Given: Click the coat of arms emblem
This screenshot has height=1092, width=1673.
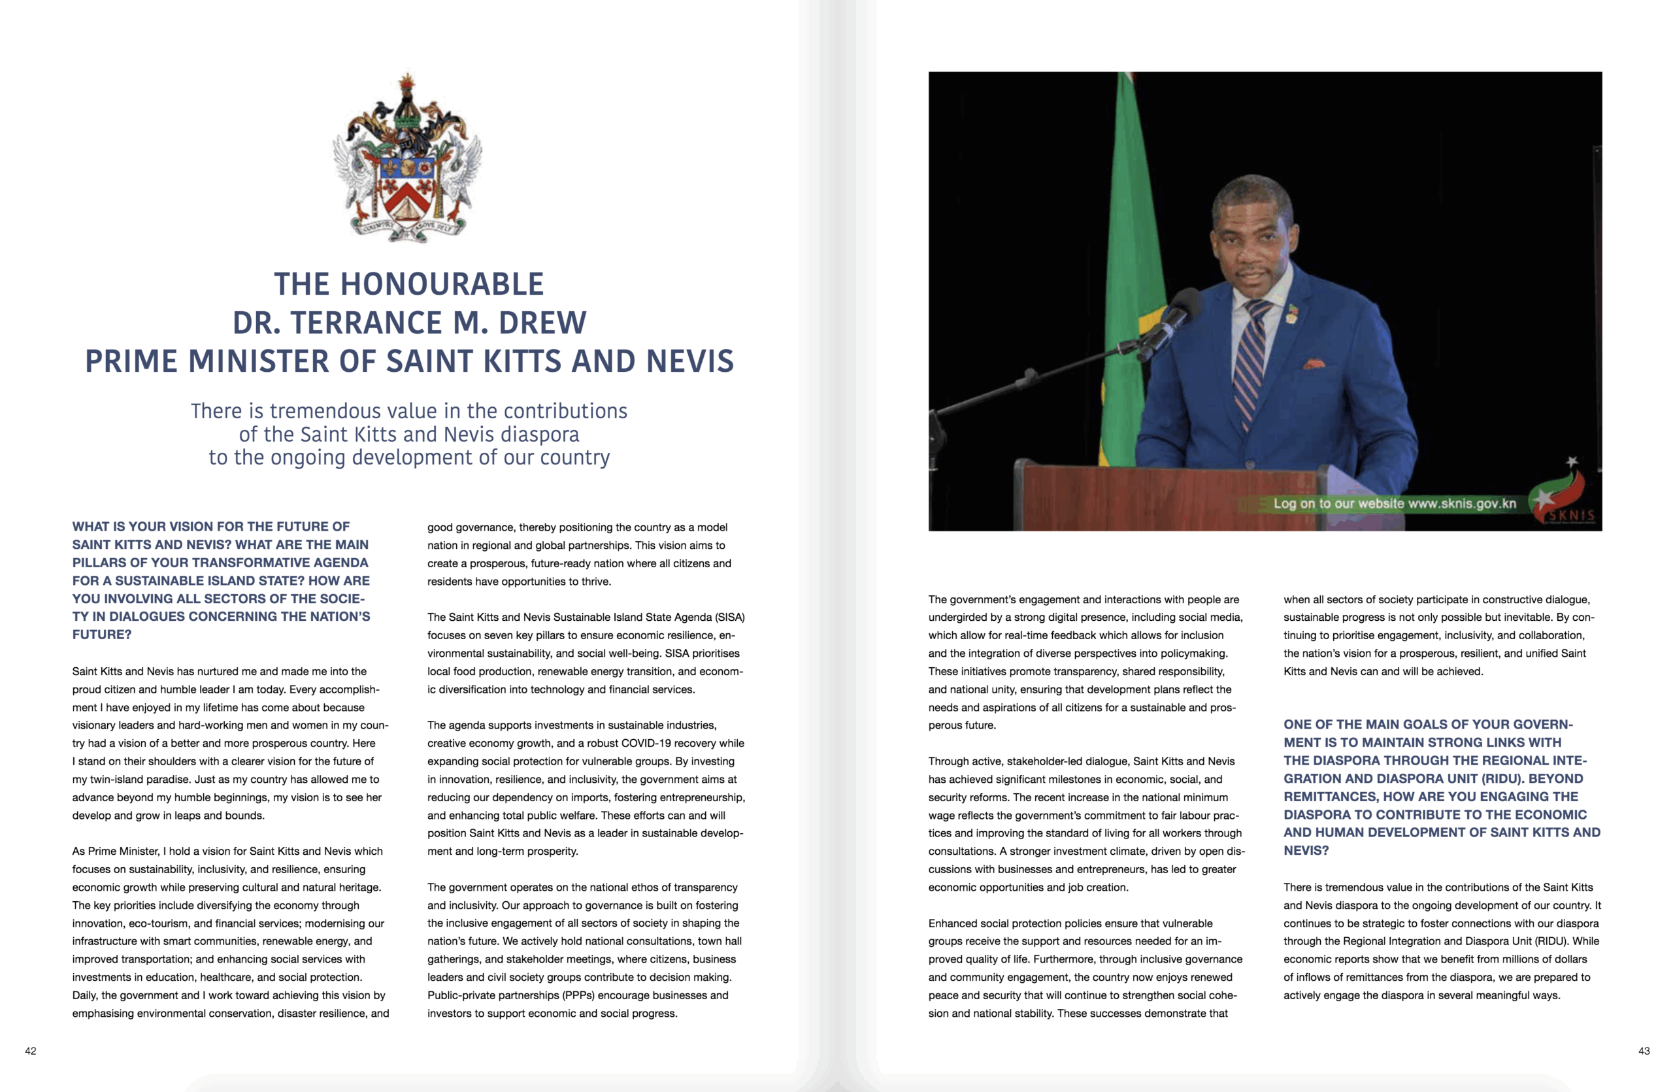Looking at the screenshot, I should click(x=408, y=159).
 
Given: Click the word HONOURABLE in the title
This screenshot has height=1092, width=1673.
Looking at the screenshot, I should click(x=441, y=284).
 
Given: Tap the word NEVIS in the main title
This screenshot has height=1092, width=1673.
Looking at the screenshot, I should click(x=689, y=362).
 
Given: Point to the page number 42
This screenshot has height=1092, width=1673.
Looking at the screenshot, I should click(x=30, y=1051).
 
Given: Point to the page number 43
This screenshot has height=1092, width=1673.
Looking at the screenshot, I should click(x=1644, y=1051).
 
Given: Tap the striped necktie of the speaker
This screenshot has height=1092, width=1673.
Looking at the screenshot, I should click(x=1251, y=365).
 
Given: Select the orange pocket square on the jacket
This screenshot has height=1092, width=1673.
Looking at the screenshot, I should click(x=1314, y=364).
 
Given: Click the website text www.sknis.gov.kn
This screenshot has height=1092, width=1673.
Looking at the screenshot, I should click(x=1462, y=503).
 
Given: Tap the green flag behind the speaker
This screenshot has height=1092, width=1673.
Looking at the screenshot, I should click(x=1125, y=281).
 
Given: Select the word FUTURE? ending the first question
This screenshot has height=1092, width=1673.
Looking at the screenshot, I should click(x=102, y=635).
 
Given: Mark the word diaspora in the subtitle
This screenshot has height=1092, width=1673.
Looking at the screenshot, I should click(x=540, y=435).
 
